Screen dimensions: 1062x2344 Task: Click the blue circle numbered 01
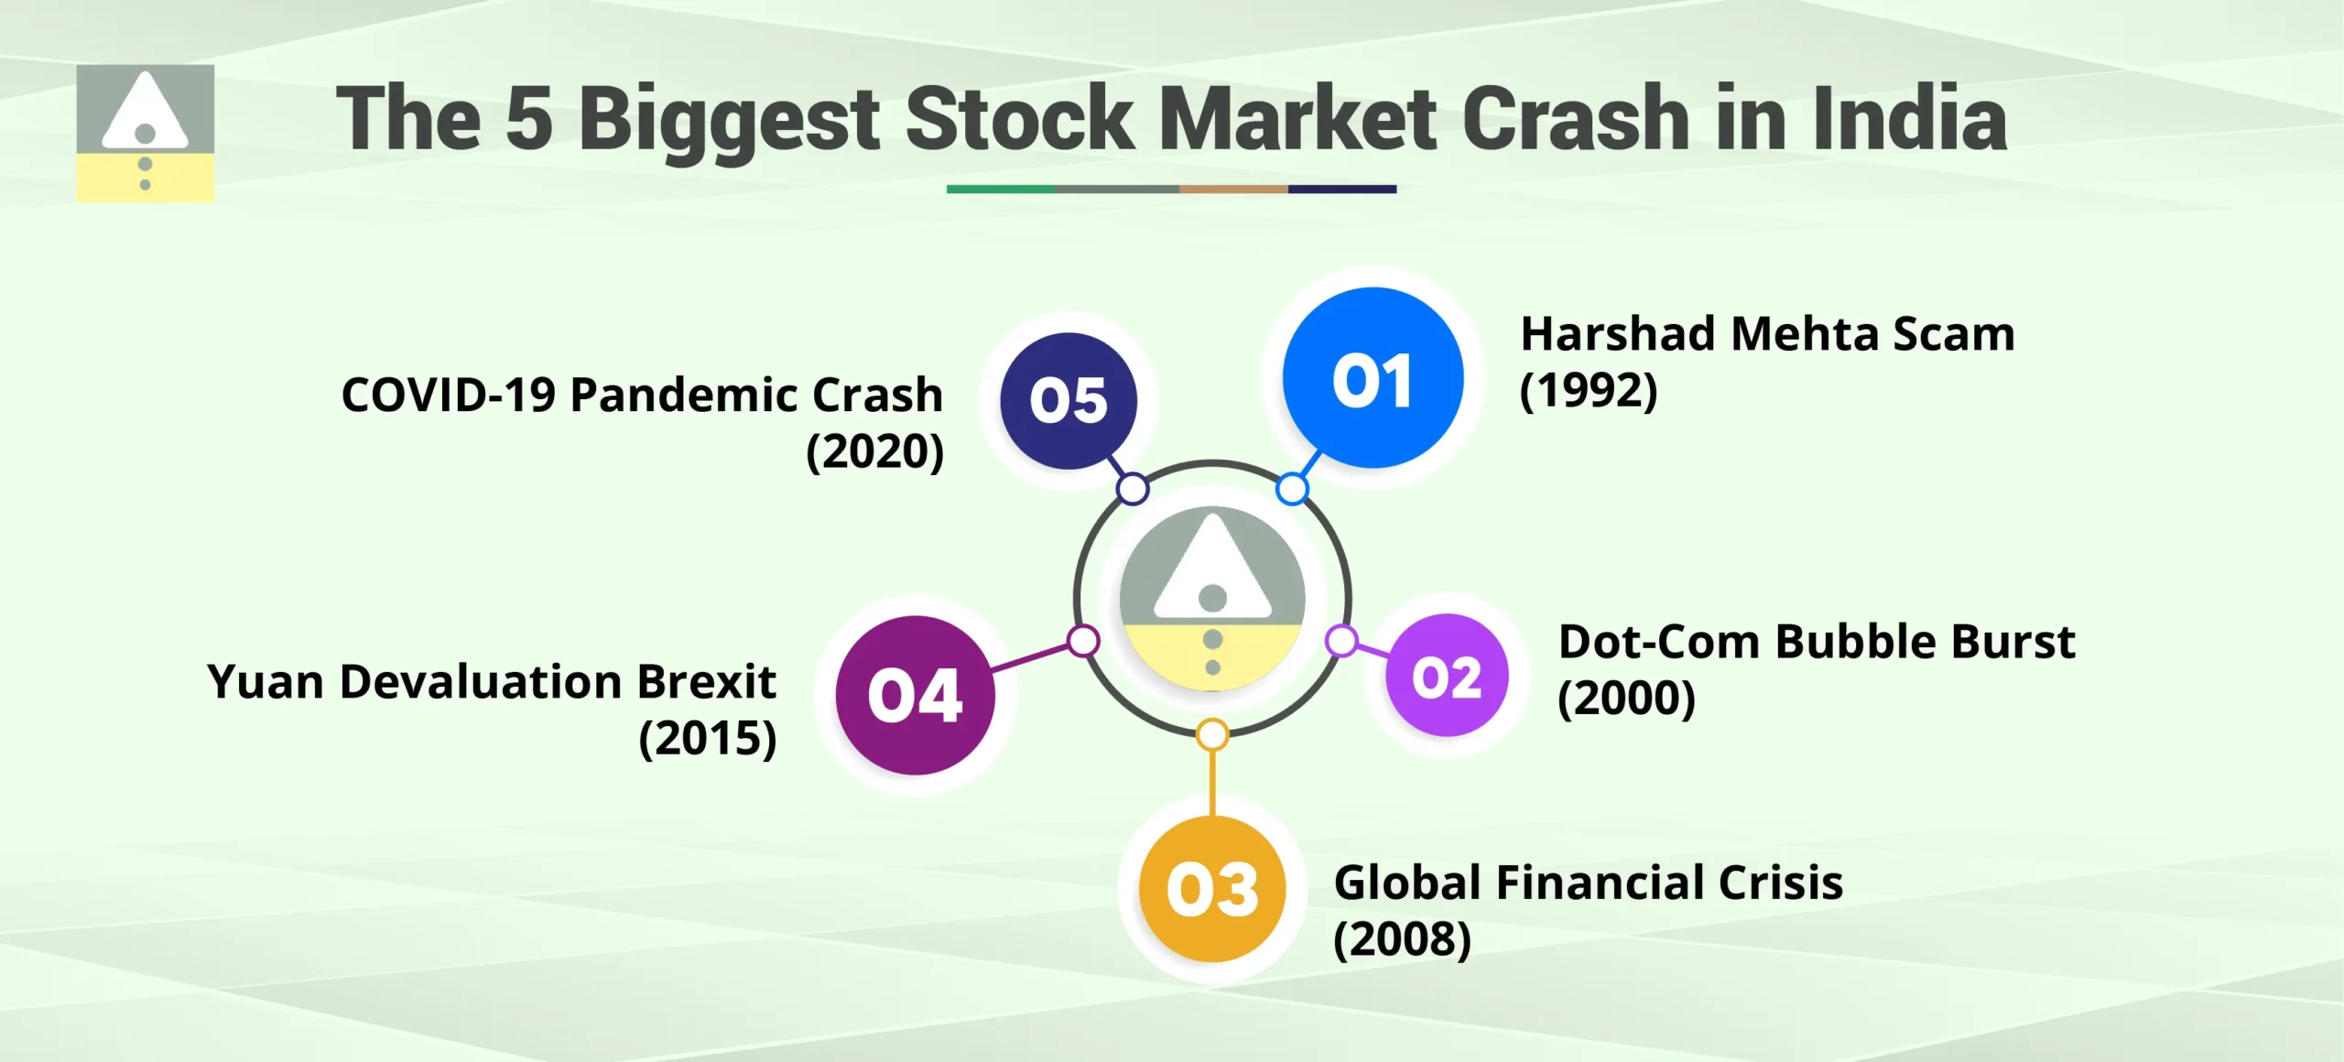(x=1373, y=378)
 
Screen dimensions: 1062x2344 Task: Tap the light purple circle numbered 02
(x=1447, y=676)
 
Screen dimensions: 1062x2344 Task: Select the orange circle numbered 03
(x=1212, y=888)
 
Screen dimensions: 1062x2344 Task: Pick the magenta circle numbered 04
(x=915, y=695)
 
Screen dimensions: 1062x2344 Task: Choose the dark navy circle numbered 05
(x=1069, y=400)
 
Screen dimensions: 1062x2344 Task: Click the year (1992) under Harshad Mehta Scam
(x=1589, y=391)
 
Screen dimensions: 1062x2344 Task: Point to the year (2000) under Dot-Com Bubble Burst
(x=1627, y=699)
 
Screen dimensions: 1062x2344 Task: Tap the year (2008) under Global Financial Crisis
(x=1402, y=939)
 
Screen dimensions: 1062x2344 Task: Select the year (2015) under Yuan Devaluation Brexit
(x=708, y=739)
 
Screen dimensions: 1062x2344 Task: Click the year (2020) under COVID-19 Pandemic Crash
(x=874, y=451)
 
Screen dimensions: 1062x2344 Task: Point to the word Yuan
(x=266, y=683)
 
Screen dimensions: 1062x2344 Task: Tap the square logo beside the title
(x=145, y=133)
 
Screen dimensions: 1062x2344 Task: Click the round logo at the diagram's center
(x=1212, y=598)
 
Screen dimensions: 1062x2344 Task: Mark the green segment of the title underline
(x=1001, y=189)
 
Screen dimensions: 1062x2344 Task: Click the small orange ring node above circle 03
(x=1212, y=734)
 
